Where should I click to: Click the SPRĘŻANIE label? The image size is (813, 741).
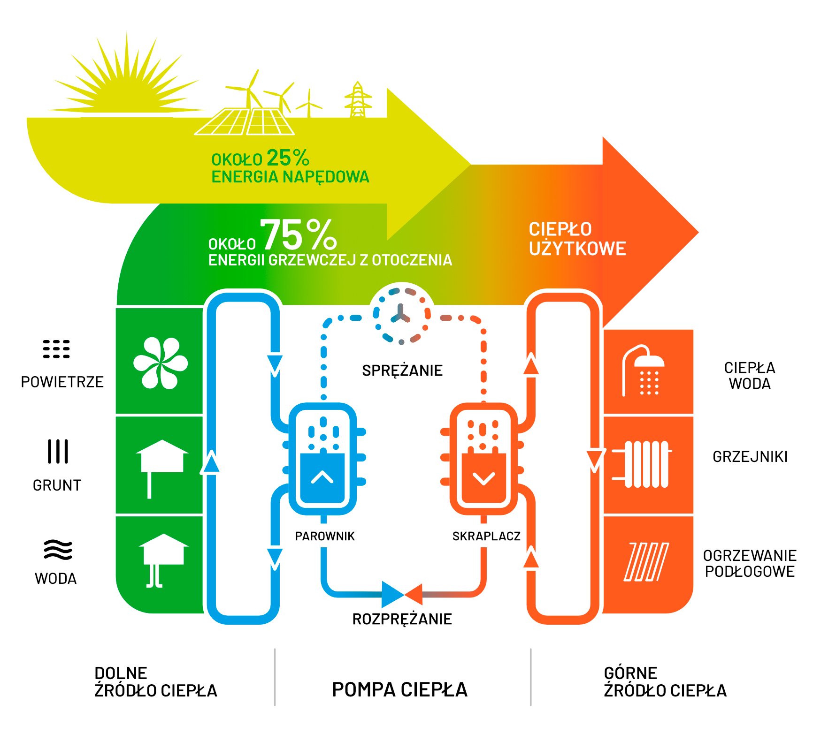pyautogui.click(x=402, y=370)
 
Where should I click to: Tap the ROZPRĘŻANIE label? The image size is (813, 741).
pyautogui.click(x=402, y=619)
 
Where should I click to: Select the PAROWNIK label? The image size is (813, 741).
pyautogui.click(x=324, y=536)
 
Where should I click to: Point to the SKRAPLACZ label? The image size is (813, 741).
pyautogui.click(x=486, y=536)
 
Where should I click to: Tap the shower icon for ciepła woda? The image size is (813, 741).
pyautogui.click(x=643, y=370)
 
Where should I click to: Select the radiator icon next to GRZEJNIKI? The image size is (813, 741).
pyautogui.click(x=641, y=464)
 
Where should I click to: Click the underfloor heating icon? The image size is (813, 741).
pyautogui.click(x=646, y=562)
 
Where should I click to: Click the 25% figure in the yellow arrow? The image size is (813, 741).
pyautogui.click(x=288, y=158)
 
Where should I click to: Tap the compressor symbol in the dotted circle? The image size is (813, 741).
pyautogui.click(x=400, y=314)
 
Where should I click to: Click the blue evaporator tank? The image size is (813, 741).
pyautogui.click(x=322, y=459)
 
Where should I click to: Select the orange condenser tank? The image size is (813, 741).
pyautogui.click(x=483, y=459)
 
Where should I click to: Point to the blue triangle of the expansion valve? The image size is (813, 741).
pyautogui.click(x=391, y=595)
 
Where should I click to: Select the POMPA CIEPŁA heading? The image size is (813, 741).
pyautogui.click(x=399, y=689)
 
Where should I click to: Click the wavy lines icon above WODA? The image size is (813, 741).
pyautogui.click(x=58, y=550)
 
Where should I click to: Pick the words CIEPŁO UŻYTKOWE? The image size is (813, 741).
pyautogui.click(x=577, y=239)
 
